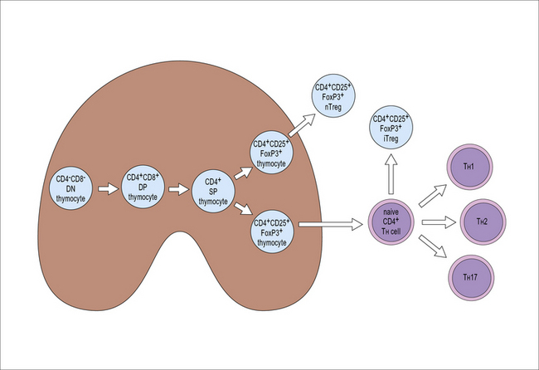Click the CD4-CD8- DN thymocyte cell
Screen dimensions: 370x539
(x=73, y=188)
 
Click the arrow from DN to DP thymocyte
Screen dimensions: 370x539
(x=109, y=189)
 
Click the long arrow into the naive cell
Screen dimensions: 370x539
(x=333, y=222)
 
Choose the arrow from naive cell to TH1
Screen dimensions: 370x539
(x=431, y=195)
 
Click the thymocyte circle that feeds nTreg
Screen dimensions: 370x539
(x=273, y=150)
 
